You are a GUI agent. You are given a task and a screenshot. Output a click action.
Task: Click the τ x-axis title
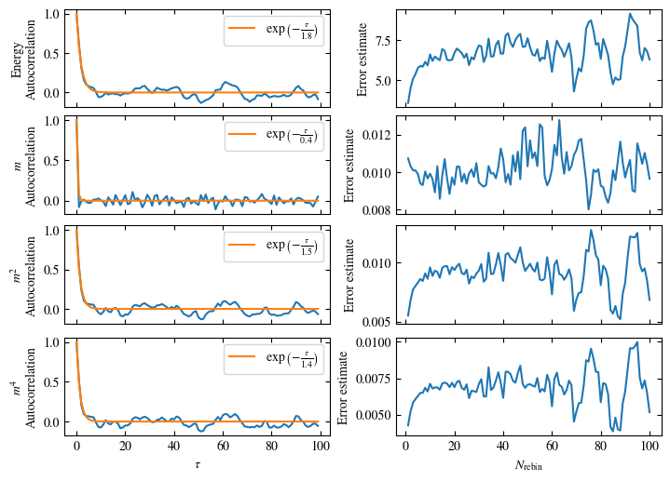tap(198, 462)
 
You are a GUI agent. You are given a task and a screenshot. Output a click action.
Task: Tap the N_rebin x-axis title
tap(527, 463)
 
